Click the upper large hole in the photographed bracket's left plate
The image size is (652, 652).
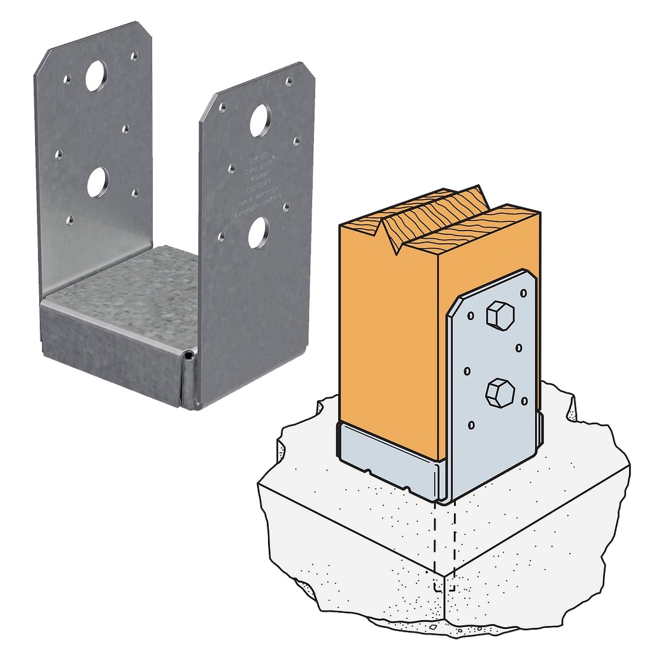click(96, 76)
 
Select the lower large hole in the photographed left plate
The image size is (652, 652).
click(97, 182)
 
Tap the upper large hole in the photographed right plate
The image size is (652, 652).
click(260, 121)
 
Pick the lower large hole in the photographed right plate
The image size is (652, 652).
click(258, 233)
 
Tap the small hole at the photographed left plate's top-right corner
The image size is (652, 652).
click(134, 56)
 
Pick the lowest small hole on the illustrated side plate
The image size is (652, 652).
click(471, 425)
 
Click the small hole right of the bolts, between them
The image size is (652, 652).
click(519, 348)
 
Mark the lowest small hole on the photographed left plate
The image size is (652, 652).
click(70, 220)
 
